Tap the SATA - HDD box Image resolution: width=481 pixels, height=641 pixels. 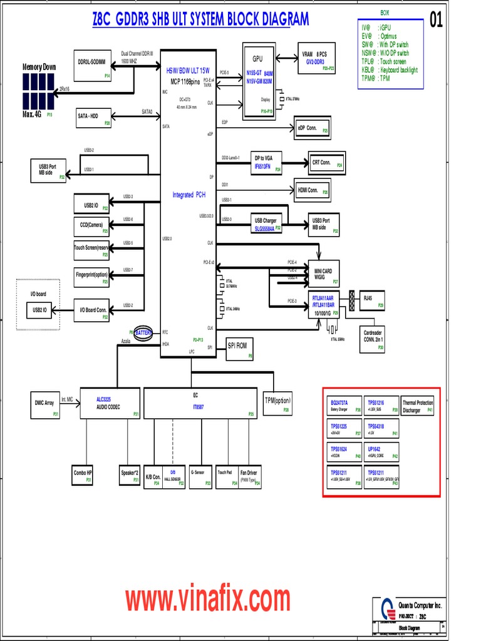(93, 117)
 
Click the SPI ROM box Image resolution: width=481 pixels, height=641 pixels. (239, 349)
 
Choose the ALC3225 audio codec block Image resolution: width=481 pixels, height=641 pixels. (110, 403)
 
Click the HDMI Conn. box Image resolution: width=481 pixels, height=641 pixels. (312, 191)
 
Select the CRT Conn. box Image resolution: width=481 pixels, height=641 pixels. (326, 163)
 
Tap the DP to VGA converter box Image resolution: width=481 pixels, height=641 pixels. (266, 162)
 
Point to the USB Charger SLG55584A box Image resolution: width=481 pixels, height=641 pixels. (266, 223)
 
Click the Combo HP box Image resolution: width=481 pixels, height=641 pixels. (83, 475)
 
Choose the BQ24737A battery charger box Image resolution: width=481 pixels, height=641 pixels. (344, 405)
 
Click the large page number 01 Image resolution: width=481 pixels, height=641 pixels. (436, 21)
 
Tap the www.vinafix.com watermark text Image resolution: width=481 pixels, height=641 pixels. (207, 599)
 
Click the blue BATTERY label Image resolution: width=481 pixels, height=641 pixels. (143, 334)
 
